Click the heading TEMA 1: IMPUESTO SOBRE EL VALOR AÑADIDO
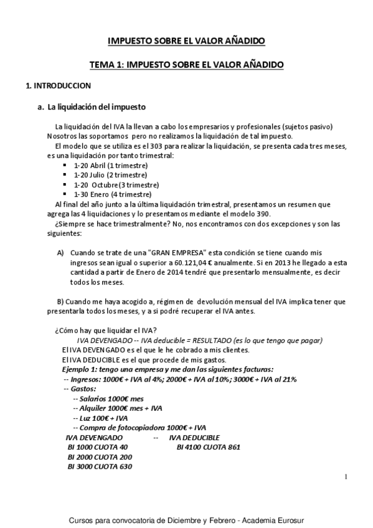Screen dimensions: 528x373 tap(186, 64)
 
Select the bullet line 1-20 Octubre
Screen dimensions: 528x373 tap(116, 185)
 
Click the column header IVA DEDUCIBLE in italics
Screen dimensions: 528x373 tap(196, 438)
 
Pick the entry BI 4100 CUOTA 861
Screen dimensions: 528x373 tap(209, 447)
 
